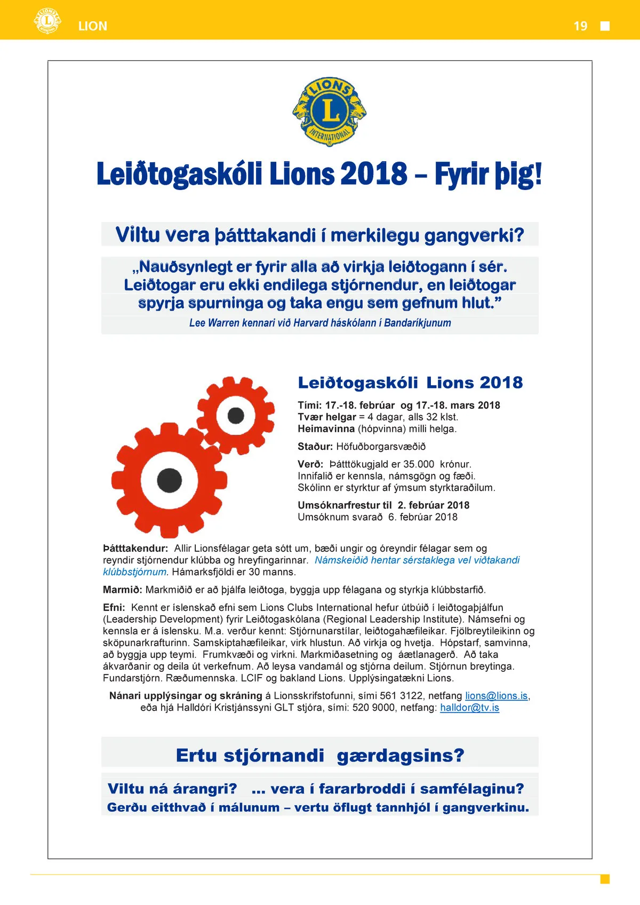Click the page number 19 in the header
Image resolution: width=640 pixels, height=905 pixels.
point(580,26)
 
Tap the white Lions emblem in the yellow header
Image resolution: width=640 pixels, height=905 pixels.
point(47,21)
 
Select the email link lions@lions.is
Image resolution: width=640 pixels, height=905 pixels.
point(496,696)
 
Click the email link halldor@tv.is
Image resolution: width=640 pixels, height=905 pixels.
point(469,708)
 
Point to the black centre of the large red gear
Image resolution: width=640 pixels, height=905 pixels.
point(170,480)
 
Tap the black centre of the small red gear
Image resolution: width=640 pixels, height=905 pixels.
point(236,415)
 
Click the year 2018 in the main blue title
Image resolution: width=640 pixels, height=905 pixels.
point(374,174)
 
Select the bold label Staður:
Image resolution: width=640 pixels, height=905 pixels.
point(315,446)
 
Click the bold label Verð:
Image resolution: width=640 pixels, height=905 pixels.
point(310,464)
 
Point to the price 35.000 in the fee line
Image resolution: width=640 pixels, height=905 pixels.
point(419,464)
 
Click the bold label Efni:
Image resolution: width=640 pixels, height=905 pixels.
point(114,607)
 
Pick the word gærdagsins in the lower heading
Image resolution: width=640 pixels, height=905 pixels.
point(400,755)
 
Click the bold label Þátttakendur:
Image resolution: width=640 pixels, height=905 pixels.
point(135,548)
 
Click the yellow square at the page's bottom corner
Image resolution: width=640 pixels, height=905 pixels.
point(605,879)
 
